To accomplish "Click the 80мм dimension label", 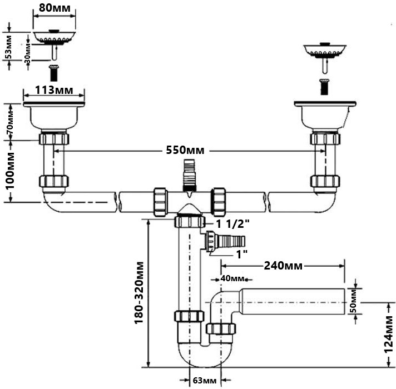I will [53, 8].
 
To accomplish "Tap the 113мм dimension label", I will [53, 91].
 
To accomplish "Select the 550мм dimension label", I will [185, 150].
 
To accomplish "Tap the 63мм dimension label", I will [205, 381].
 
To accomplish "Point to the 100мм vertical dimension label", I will [9, 169].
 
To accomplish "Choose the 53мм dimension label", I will [8, 49].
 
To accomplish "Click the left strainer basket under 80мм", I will [53, 37].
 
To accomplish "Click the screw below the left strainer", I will [54, 73].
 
